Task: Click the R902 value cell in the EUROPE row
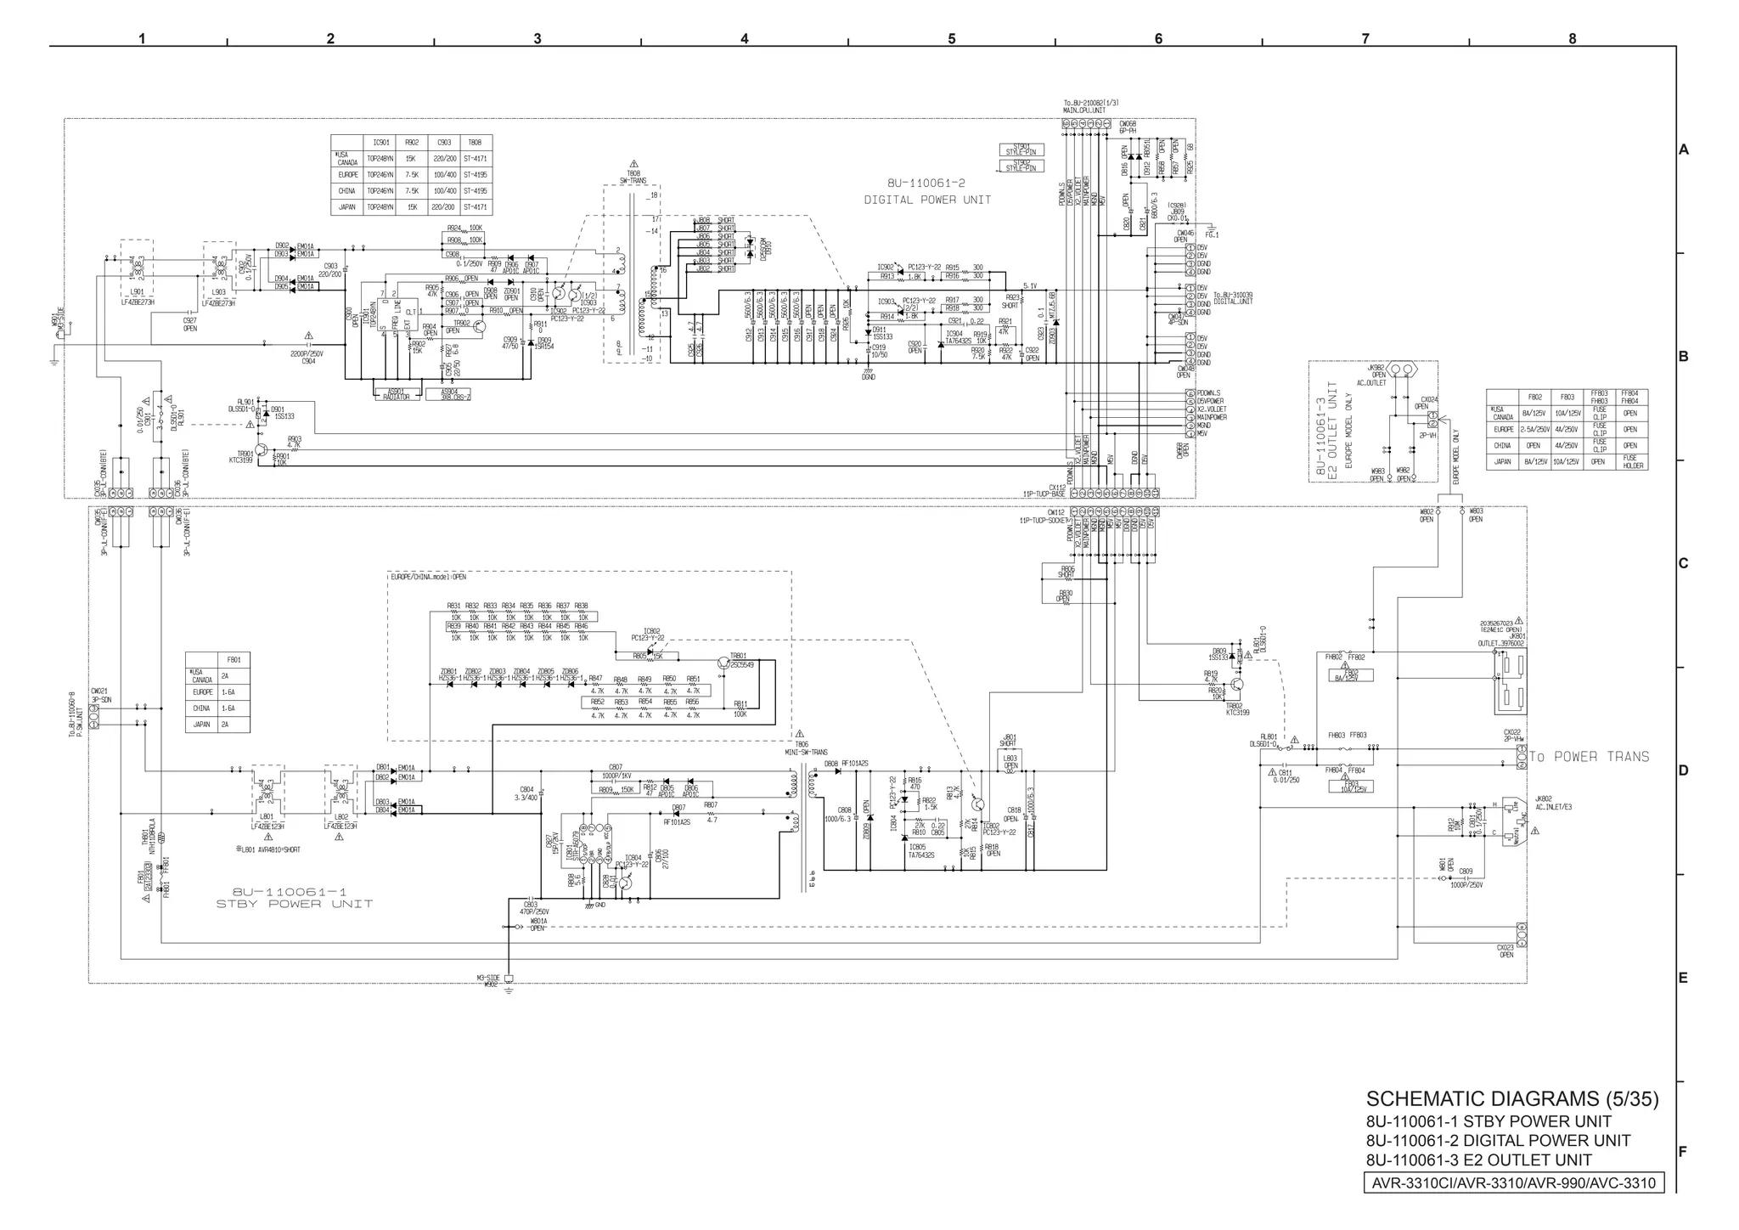(x=411, y=175)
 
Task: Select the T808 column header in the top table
(x=475, y=143)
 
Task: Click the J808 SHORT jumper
(x=716, y=220)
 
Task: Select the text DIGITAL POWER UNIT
(x=927, y=200)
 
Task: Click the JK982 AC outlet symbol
(x=1399, y=370)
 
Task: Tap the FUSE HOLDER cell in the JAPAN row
(x=1629, y=462)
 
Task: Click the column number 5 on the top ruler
(x=951, y=39)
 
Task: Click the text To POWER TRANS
(x=1589, y=757)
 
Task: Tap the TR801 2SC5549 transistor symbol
(x=723, y=664)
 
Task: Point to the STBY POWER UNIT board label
(x=294, y=904)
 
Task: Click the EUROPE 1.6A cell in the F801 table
(x=228, y=692)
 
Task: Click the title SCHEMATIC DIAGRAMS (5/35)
(x=1511, y=1098)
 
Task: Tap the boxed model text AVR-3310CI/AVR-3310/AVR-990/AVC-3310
(x=1513, y=1182)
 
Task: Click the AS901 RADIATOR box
(x=396, y=394)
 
